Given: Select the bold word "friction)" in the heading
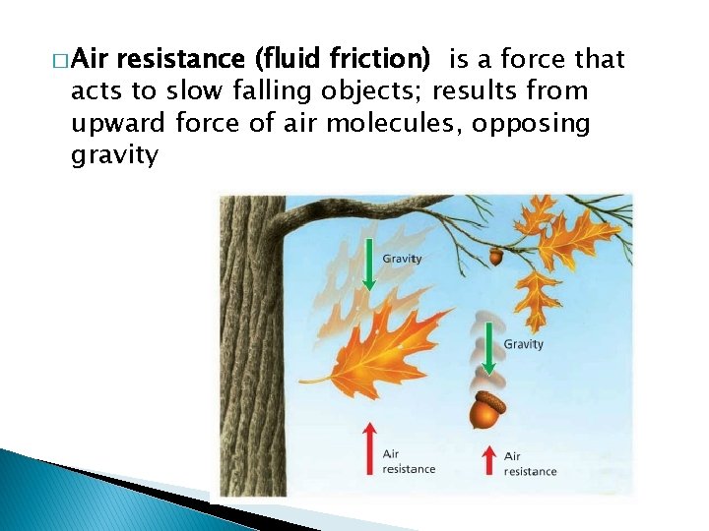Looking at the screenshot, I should coord(381,60).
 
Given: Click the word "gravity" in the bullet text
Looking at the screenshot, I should coord(114,155).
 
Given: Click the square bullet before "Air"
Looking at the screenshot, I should coord(62,61).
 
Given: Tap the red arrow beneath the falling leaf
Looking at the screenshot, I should coord(368,447).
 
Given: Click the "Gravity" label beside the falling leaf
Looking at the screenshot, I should coord(402,259).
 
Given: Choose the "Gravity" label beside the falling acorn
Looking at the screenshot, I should coord(523,344).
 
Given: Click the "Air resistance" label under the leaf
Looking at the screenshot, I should coord(408,461).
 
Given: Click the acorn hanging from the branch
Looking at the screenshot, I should coord(495,255).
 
